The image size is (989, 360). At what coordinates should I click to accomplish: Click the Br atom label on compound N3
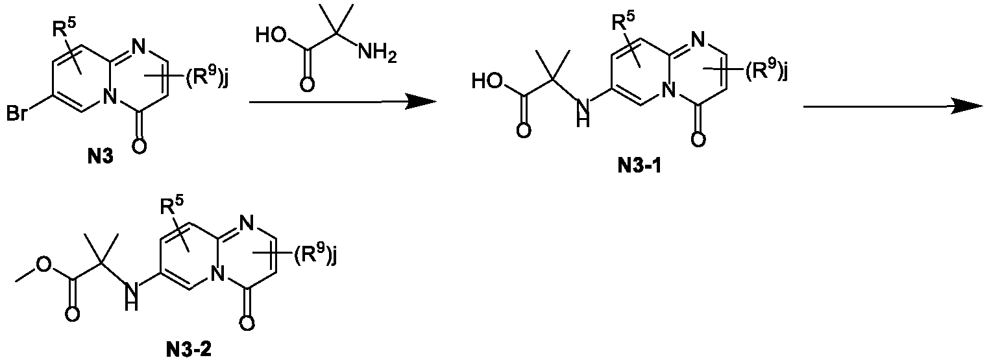(17, 114)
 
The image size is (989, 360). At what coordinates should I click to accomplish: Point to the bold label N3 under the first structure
(100, 156)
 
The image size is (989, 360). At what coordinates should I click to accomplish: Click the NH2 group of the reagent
(376, 54)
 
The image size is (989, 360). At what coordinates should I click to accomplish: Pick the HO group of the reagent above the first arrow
(269, 35)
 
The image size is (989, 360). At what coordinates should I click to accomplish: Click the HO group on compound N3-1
(486, 81)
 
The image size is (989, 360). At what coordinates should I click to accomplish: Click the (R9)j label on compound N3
(206, 78)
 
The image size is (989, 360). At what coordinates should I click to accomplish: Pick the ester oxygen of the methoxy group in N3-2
(43, 264)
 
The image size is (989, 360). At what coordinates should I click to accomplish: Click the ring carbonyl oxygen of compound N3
(139, 145)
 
